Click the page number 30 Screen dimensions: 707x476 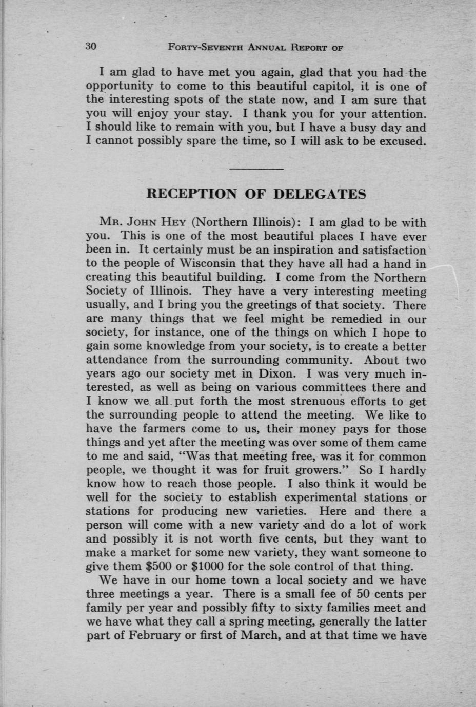coord(91,46)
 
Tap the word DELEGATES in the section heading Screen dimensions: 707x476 coord(320,194)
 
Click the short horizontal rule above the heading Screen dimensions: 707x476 coord(256,169)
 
